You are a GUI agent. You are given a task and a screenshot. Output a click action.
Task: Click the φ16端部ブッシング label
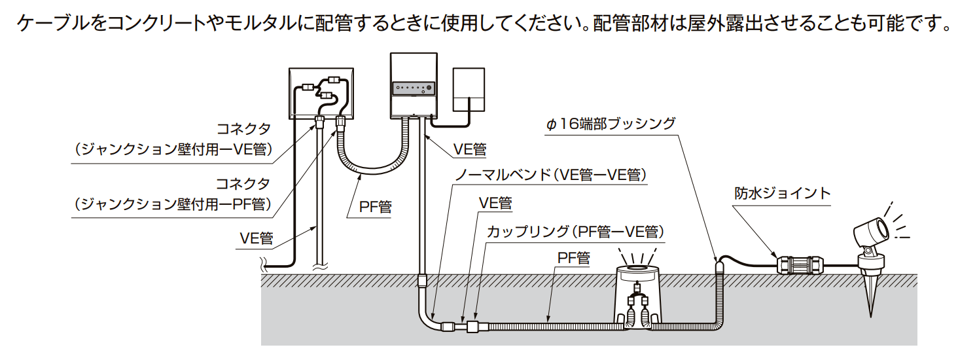pyautogui.click(x=610, y=124)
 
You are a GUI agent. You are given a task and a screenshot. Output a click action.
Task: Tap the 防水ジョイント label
pyautogui.click(x=781, y=193)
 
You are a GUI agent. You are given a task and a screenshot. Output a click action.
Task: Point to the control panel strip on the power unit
pyautogui.click(x=413, y=88)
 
